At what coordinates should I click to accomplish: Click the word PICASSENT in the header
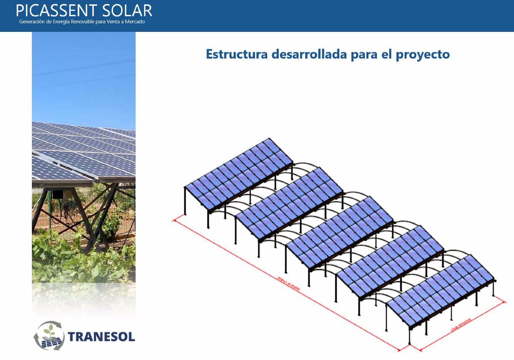(57, 11)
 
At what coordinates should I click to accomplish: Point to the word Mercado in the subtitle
(135, 22)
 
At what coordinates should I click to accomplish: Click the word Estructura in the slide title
(237, 54)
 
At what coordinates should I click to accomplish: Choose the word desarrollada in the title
(309, 54)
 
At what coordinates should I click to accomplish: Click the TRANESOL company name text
(101, 337)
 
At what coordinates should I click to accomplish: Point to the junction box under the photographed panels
(57, 194)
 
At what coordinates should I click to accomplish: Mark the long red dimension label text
(288, 283)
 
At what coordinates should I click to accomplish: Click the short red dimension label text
(460, 325)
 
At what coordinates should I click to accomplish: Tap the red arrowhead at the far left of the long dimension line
(175, 220)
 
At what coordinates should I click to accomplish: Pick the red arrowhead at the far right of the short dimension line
(504, 302)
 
